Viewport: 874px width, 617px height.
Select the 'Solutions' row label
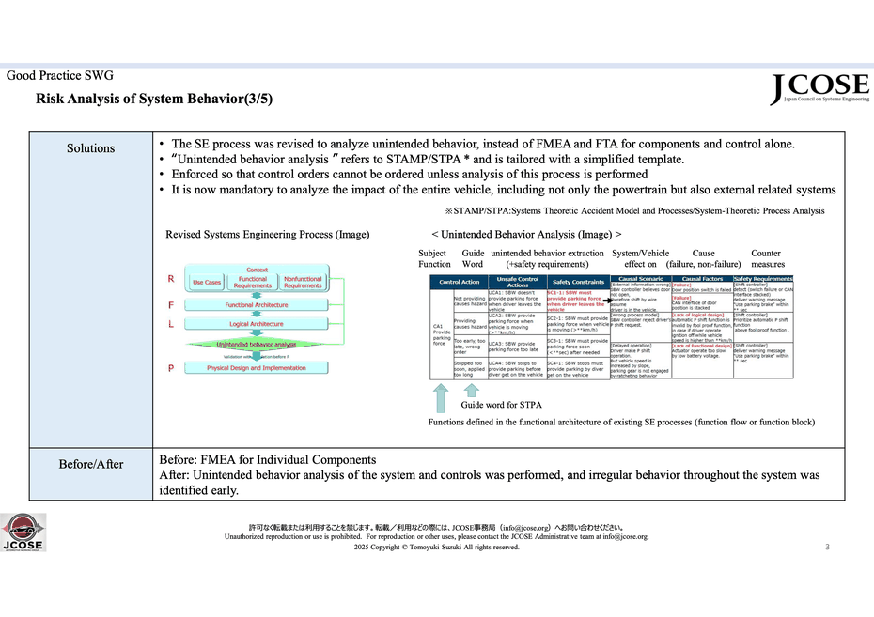tap(90, 148)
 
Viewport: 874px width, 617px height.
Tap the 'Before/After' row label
tap(90, 464)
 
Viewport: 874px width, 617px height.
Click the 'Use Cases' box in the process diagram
tap(207, 282)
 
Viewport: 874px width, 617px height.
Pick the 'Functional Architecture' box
tap(258, 305)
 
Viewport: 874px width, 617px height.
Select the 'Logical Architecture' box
tap(257, 324)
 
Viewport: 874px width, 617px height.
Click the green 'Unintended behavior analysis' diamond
tap(257, 345)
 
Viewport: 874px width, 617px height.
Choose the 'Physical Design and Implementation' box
tap(257, 368)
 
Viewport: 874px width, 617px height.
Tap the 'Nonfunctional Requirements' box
tap(303, 282)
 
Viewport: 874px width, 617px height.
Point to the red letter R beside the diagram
tap(170, 279)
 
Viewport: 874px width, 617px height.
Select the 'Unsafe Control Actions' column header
tap(516, 281)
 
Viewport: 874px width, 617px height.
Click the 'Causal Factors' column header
tap(701, 279)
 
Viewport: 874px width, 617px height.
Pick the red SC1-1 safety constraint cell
tap(577, 300)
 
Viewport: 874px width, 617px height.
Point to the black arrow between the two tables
tap(607, 298)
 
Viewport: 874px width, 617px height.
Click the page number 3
tap(827, 547)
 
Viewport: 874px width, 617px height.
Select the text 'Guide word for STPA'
tap(501, 405)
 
